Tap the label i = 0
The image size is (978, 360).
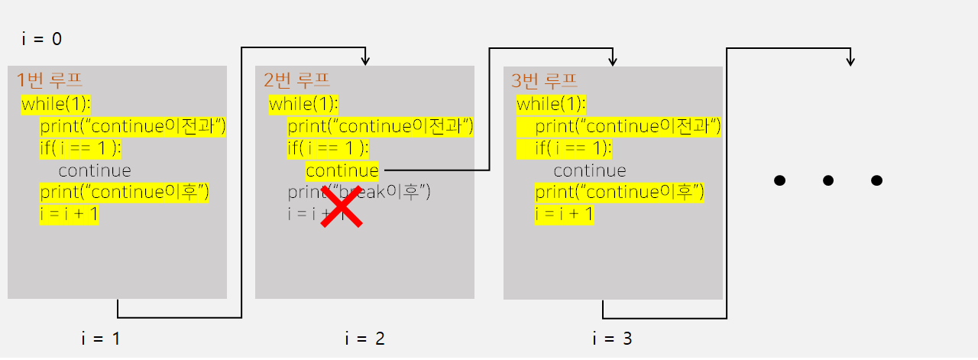pos(41,39)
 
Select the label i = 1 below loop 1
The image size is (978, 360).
pos(101,338)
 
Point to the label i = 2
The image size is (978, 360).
pos(364,338)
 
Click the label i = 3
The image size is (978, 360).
pos(612,338)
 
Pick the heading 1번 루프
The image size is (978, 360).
pos(50,79)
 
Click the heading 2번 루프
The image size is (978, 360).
pos(296,79)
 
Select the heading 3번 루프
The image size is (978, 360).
pos(544,79)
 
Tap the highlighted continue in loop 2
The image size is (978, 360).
pos(342,170)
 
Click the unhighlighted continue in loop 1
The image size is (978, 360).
pos(95,170)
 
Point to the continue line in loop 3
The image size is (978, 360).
pos(589,170)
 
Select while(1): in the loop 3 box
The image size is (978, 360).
pos(551,104)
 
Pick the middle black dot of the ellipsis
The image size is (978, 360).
pos(827,181)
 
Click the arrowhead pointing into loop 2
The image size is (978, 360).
pos(366,60)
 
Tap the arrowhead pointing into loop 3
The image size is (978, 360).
pos(613,60)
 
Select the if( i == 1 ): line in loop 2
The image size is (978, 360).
pos(328,148)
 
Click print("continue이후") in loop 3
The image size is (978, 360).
pos(619,193)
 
